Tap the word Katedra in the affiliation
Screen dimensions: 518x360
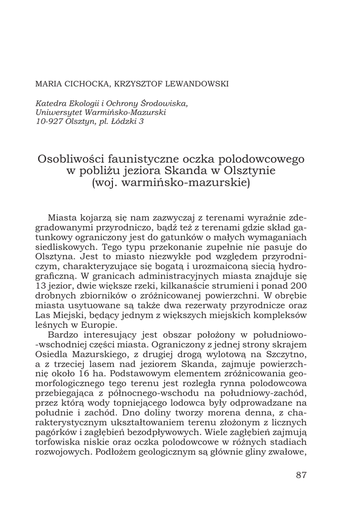point(50,103)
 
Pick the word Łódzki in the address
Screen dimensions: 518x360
point(124,121)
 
